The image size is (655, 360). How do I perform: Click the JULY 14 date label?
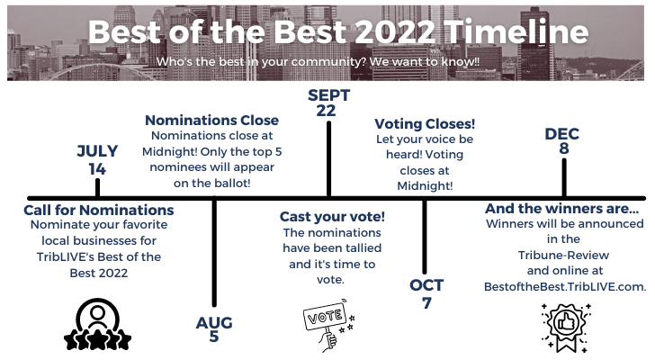coord(97,160)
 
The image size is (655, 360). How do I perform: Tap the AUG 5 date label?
coord(214,329)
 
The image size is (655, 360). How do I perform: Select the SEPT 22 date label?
coord(328,103)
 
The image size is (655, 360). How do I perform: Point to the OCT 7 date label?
coord(426,294)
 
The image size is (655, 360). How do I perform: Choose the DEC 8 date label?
coord(562,140)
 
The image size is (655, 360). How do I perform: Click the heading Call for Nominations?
coord(99,210)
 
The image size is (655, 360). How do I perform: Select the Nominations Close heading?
coord(211,121)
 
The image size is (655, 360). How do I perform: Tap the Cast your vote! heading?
coord(332,217)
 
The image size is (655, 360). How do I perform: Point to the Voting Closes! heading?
coord(425,124)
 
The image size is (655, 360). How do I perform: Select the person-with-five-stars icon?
coord(97,325)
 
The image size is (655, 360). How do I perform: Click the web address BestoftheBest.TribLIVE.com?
coord(565,287)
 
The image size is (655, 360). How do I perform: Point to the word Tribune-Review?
coord(563,256)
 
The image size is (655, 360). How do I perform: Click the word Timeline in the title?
coord(516,31)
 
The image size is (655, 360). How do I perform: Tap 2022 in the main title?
coord(395,31)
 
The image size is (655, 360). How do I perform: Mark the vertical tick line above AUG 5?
coord(214,253)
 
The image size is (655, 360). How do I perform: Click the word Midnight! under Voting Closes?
coord(425,185)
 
